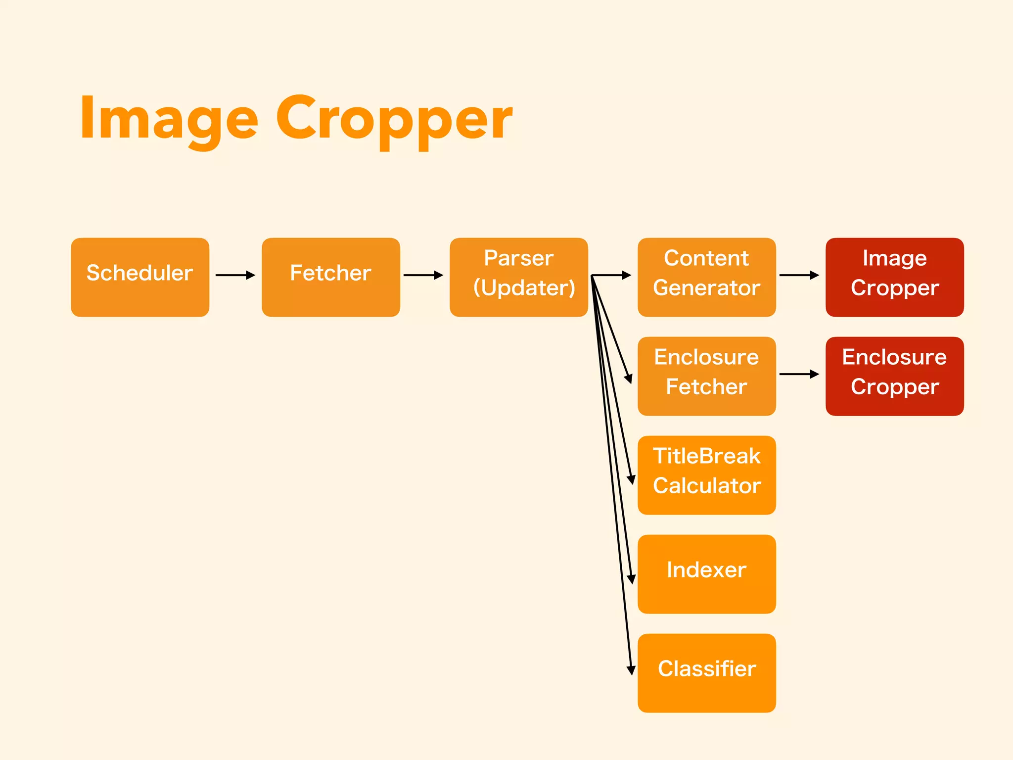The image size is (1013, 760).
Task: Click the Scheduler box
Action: point(140,277)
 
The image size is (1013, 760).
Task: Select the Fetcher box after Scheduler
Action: point(330,277)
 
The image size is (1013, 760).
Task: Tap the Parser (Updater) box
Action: point(518,277)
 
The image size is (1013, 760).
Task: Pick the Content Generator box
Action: point(706,277)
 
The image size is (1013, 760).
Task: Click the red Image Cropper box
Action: point(894,277)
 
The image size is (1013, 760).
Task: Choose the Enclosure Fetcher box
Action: point(706,376)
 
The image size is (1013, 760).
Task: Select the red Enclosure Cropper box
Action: point(894,376)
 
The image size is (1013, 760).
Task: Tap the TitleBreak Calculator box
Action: point(706,475)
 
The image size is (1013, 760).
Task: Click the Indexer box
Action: point(706,574)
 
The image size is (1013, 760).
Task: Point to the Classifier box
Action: point(706,673)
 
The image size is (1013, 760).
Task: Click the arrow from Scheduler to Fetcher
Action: point(235,275)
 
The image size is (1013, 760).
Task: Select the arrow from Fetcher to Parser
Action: point(423,275)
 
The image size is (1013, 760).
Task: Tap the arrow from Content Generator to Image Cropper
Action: point(799,275)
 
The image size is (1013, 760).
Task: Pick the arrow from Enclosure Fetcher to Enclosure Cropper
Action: point(799,374)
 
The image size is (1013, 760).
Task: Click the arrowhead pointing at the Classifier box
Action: point(631,670)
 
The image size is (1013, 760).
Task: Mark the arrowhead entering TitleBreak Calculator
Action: point(631,479)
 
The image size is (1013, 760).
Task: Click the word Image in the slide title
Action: point(169,119)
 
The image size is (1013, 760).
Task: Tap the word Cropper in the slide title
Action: point(394,119)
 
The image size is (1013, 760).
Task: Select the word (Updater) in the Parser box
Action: point(524,288)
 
